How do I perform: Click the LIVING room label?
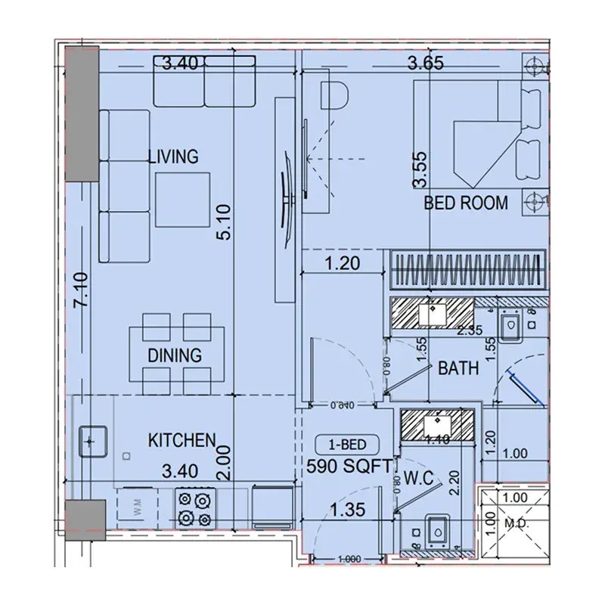(172, 157)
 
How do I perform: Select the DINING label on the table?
(175, 355)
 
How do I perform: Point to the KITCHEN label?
(182, 440)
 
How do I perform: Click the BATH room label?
(458, 369)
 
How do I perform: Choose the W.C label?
(417, 479)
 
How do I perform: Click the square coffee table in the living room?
(184, 197)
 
